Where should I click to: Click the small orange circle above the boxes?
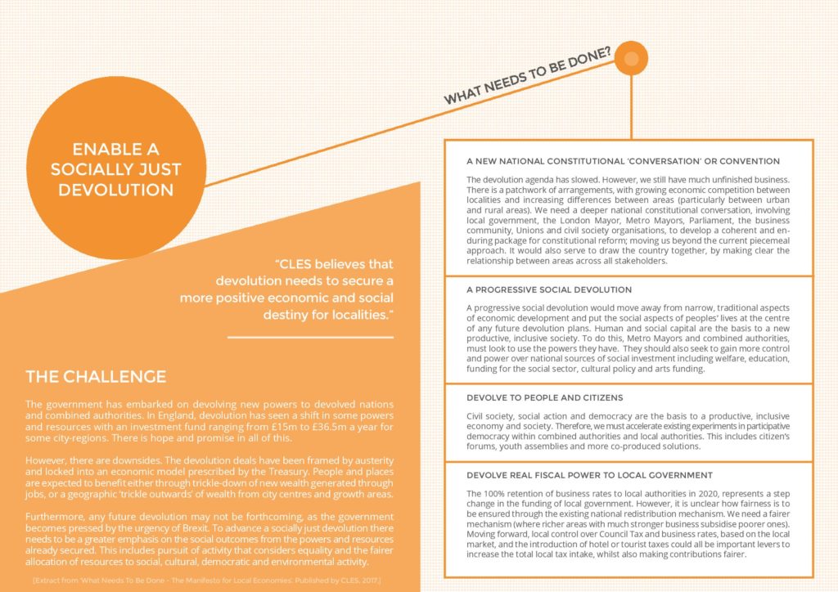point(631,58)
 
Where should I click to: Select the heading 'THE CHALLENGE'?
point(96,377)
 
